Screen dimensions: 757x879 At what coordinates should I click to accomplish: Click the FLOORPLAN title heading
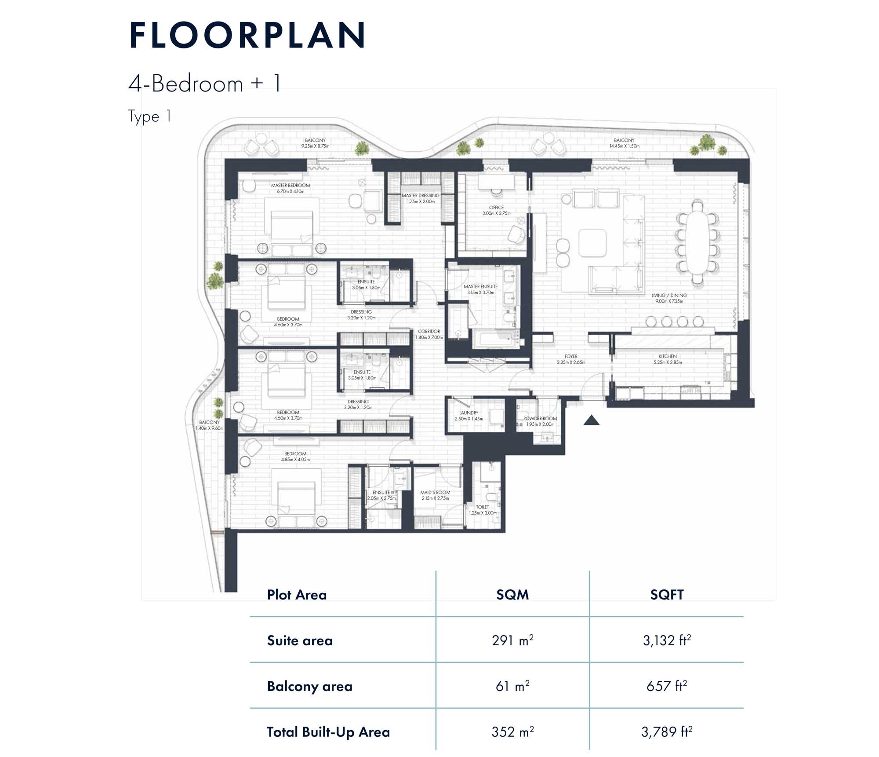pyautogui.click(x=247, y=35)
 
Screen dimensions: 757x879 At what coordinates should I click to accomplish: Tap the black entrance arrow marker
pyautogui.click(x=591, y=421)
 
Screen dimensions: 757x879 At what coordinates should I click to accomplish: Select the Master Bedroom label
pyautogui.click(x=290, y=188)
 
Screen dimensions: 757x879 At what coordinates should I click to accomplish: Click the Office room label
pyautogui.click(x=496, y=210)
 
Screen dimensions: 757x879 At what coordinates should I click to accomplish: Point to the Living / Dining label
pyautogui.click(x=669, y=298)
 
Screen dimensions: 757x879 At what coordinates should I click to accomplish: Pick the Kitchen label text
pyautogui.click(x=667, y=359)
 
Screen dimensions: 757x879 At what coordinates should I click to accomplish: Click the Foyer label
pyautogui.click(x=571, y=359)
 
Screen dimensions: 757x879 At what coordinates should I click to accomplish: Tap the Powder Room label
pyautogui.click(x=540, y=421)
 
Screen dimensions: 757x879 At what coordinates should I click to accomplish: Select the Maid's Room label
pyautogui.click(x=435, y=495)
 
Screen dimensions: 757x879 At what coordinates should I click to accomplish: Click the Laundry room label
pyautogui.click(x=469, y=415)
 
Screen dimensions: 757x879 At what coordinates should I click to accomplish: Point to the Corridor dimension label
pyautogui.click(x=429, y=334)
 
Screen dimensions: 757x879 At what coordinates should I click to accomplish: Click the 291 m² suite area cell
pyautogui.click(x=512, y=640)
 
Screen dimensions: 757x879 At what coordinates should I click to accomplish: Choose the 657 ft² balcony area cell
pyautogui.click(x=666, y=686)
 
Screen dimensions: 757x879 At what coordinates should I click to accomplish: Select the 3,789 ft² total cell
pyautogui.click(x=666, y=732)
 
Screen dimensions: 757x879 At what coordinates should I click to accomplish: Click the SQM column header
pyautogui.click(x=512, y=595)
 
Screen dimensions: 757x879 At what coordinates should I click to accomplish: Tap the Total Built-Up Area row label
pyautogui.click(x=328, y=732)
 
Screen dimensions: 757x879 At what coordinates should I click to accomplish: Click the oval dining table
pyautogui.click(x=697, y=243)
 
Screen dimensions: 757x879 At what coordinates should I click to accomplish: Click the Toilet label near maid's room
pyautogui.click(x=482, y=509)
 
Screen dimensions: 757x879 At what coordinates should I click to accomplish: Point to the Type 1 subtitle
pyautogui.click(x=149, y=117)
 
